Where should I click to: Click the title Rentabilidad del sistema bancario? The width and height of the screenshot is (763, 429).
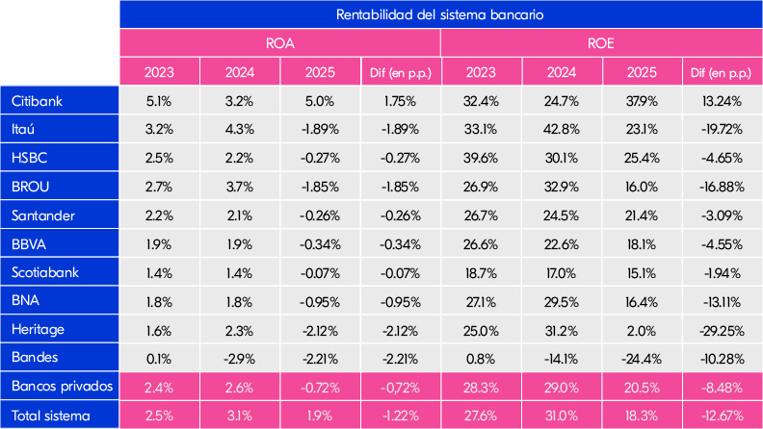(440, 14)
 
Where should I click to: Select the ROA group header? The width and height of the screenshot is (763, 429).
(279, 43)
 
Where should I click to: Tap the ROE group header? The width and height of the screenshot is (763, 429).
(600, 43)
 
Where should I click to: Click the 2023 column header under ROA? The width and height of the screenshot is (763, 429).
(159, 72)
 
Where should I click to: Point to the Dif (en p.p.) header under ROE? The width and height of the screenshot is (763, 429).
(721, 72)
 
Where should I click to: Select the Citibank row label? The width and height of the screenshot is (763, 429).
(39, 100)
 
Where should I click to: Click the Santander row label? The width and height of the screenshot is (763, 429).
(43, 214)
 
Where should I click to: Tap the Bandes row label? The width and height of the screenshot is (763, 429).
(35, 358)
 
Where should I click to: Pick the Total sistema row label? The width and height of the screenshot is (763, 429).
(52, 416)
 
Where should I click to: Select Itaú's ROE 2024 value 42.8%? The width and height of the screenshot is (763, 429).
(561, 129)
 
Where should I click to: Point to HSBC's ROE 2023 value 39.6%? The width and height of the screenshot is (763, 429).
(481, 158)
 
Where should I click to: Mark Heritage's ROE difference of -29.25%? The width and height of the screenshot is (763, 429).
(721, 329)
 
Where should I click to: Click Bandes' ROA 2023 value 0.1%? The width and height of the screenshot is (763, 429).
(159, 358)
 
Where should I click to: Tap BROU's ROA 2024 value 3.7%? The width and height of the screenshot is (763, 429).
(239, 186)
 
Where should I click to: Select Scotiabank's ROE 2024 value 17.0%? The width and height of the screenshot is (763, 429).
(561, 272)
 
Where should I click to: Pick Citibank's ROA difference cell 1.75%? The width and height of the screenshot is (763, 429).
(400, 100)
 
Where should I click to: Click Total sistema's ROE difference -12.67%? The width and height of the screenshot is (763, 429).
(721, 416)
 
